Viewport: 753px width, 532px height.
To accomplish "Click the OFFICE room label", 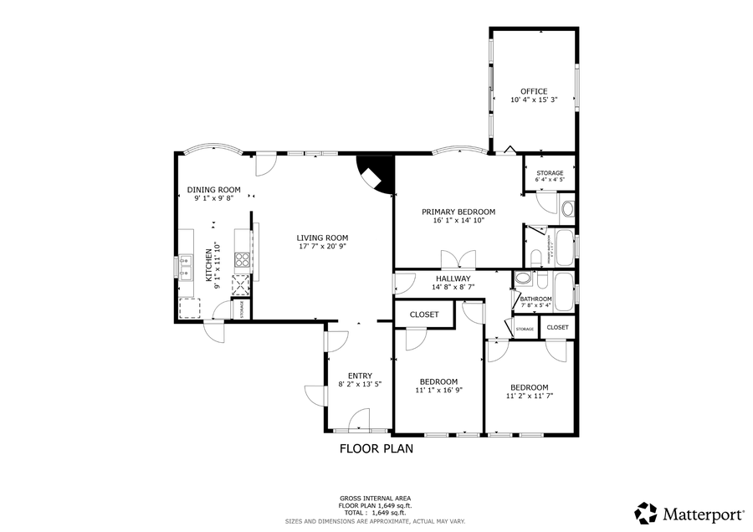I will pyautogui.click(x=533, y=91).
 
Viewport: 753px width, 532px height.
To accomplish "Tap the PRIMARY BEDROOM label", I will pyautogui.click(x=458, y=212).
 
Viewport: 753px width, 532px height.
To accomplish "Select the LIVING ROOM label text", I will pyautogui.click(x=322, y=237).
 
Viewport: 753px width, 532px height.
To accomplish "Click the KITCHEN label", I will pyautogui.click(x=209, y=265).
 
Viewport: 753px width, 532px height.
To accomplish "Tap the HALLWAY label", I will pyautogui.click(x=452, y=279).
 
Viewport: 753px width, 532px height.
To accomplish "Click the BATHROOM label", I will pyautogui.click(x=535, y=299).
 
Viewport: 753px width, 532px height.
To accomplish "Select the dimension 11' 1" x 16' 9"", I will pyautogui.click(x=438, y=391).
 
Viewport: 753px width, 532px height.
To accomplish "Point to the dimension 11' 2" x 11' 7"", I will pyautogui.click(x=530, y=396).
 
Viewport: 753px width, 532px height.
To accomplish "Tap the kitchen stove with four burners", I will pyautogui.click(x=242, y=259).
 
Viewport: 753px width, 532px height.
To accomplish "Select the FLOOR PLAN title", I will pyautogui.click(x=376, y=448).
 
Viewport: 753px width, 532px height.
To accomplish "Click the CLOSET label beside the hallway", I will pyautogui.click(x=424, y=315).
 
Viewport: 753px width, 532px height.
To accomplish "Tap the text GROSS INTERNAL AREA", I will pyautogui.click(x=375, y=498).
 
